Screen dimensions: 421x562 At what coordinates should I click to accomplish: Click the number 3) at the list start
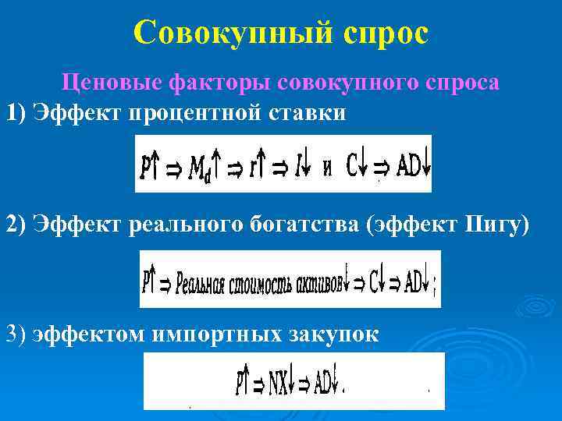[x=16, y=334]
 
